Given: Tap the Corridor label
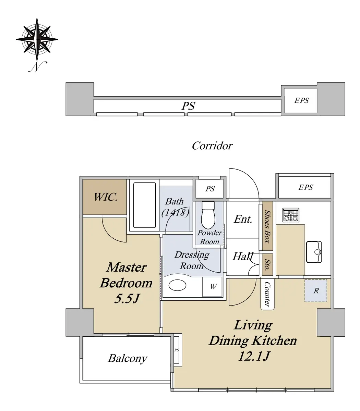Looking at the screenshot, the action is pos(212,146).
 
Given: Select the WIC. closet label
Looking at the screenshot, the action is pos(106,197).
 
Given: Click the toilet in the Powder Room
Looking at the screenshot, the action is pos(208,215).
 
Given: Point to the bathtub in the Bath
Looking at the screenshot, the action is pos(144,205).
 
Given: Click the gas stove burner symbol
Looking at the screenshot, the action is pos(291,215).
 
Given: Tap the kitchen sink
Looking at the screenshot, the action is pos(314,252).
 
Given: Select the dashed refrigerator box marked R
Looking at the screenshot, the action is pos(316,291).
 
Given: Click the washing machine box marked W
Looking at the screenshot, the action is pos(213,286).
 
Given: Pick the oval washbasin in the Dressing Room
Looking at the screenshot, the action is pos(177,285).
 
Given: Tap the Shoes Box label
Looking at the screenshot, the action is pos(267,226).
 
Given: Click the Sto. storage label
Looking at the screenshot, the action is pos(267,264).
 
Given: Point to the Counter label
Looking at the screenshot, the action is pos(267,294).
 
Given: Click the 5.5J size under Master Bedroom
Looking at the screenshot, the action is pos(127,299).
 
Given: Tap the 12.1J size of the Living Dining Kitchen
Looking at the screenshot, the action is pos(254,356).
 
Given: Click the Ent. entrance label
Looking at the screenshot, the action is pos(243,219).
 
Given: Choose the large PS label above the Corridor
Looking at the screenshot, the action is pos(188,106).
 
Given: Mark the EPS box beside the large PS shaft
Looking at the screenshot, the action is pos(300,100).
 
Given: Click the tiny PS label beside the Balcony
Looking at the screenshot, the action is pos(177,350).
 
